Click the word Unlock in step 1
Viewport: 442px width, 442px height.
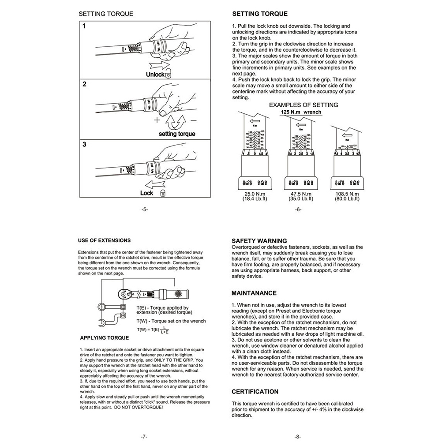155,75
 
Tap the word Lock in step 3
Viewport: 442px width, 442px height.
146,193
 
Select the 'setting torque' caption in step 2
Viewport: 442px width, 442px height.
177,134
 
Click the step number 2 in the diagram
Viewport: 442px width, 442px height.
84,84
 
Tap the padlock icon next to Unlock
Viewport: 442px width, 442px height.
168,75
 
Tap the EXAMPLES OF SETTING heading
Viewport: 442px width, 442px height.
303,105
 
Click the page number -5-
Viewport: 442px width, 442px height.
145,210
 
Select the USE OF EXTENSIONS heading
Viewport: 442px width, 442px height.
104,240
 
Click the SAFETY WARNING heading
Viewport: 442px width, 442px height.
259,241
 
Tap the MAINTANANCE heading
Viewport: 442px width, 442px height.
254,293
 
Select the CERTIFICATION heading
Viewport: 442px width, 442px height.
255,391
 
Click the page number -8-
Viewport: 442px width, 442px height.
298,437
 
